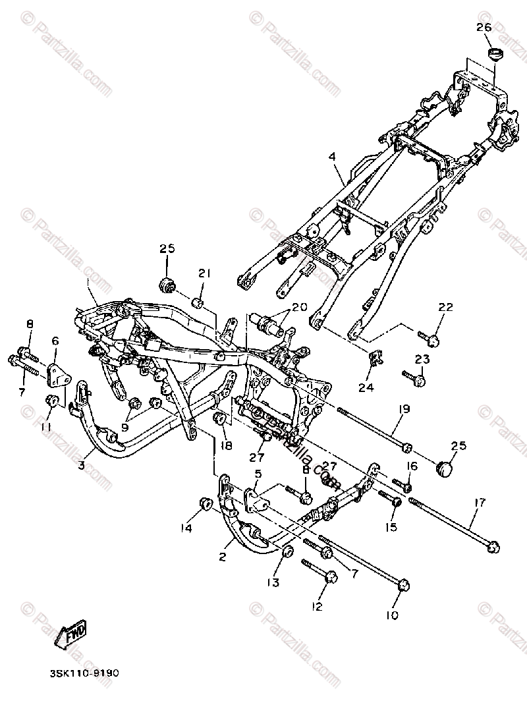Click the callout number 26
pos(484,28)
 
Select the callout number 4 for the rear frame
pos(332,157)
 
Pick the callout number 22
pos(446,308)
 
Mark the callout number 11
pos(47,428)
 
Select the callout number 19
pos(403,410)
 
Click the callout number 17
pos(479,503)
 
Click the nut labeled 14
pos(204,505)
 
